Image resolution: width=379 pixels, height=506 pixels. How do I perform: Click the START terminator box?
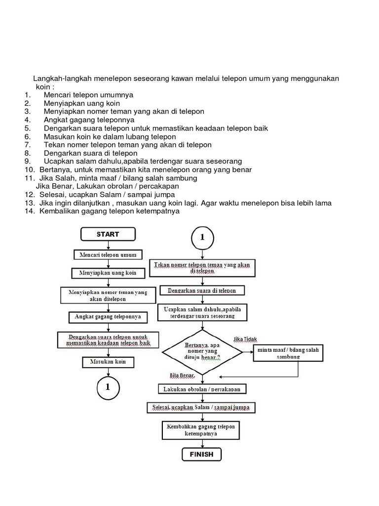click(x=108, y=234)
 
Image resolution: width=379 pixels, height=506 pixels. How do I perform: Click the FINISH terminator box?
click(x=201, y=454)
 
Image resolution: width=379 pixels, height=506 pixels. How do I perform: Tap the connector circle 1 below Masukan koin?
click(x=108, y=387)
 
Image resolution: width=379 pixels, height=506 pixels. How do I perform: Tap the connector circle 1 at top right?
click(x=201, y=238)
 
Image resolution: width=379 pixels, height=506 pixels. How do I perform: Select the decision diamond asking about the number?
click(x=202, y=352)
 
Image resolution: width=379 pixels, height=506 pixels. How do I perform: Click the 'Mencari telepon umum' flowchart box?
click(x=108, y=255)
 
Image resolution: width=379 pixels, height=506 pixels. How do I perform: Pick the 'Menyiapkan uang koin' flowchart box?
click(x=108, y=273)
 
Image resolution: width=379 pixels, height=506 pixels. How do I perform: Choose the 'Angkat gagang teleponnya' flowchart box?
click(x=108, y=316)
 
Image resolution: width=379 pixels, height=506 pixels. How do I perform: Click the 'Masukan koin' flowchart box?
click(x=108, y=362)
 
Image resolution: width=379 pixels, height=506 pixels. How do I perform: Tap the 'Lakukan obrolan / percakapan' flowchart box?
click(x=202, y=389)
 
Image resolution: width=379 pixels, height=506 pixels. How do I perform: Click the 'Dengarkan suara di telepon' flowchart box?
click(x=202, y=291)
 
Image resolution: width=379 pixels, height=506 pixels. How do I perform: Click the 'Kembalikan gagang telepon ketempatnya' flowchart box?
click(x=202, y=430)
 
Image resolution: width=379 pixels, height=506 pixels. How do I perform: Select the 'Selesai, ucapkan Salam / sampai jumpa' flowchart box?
click(x=202, y=408)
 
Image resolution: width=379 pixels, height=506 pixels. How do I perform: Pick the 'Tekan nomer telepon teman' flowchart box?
click(x=202, y=268)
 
